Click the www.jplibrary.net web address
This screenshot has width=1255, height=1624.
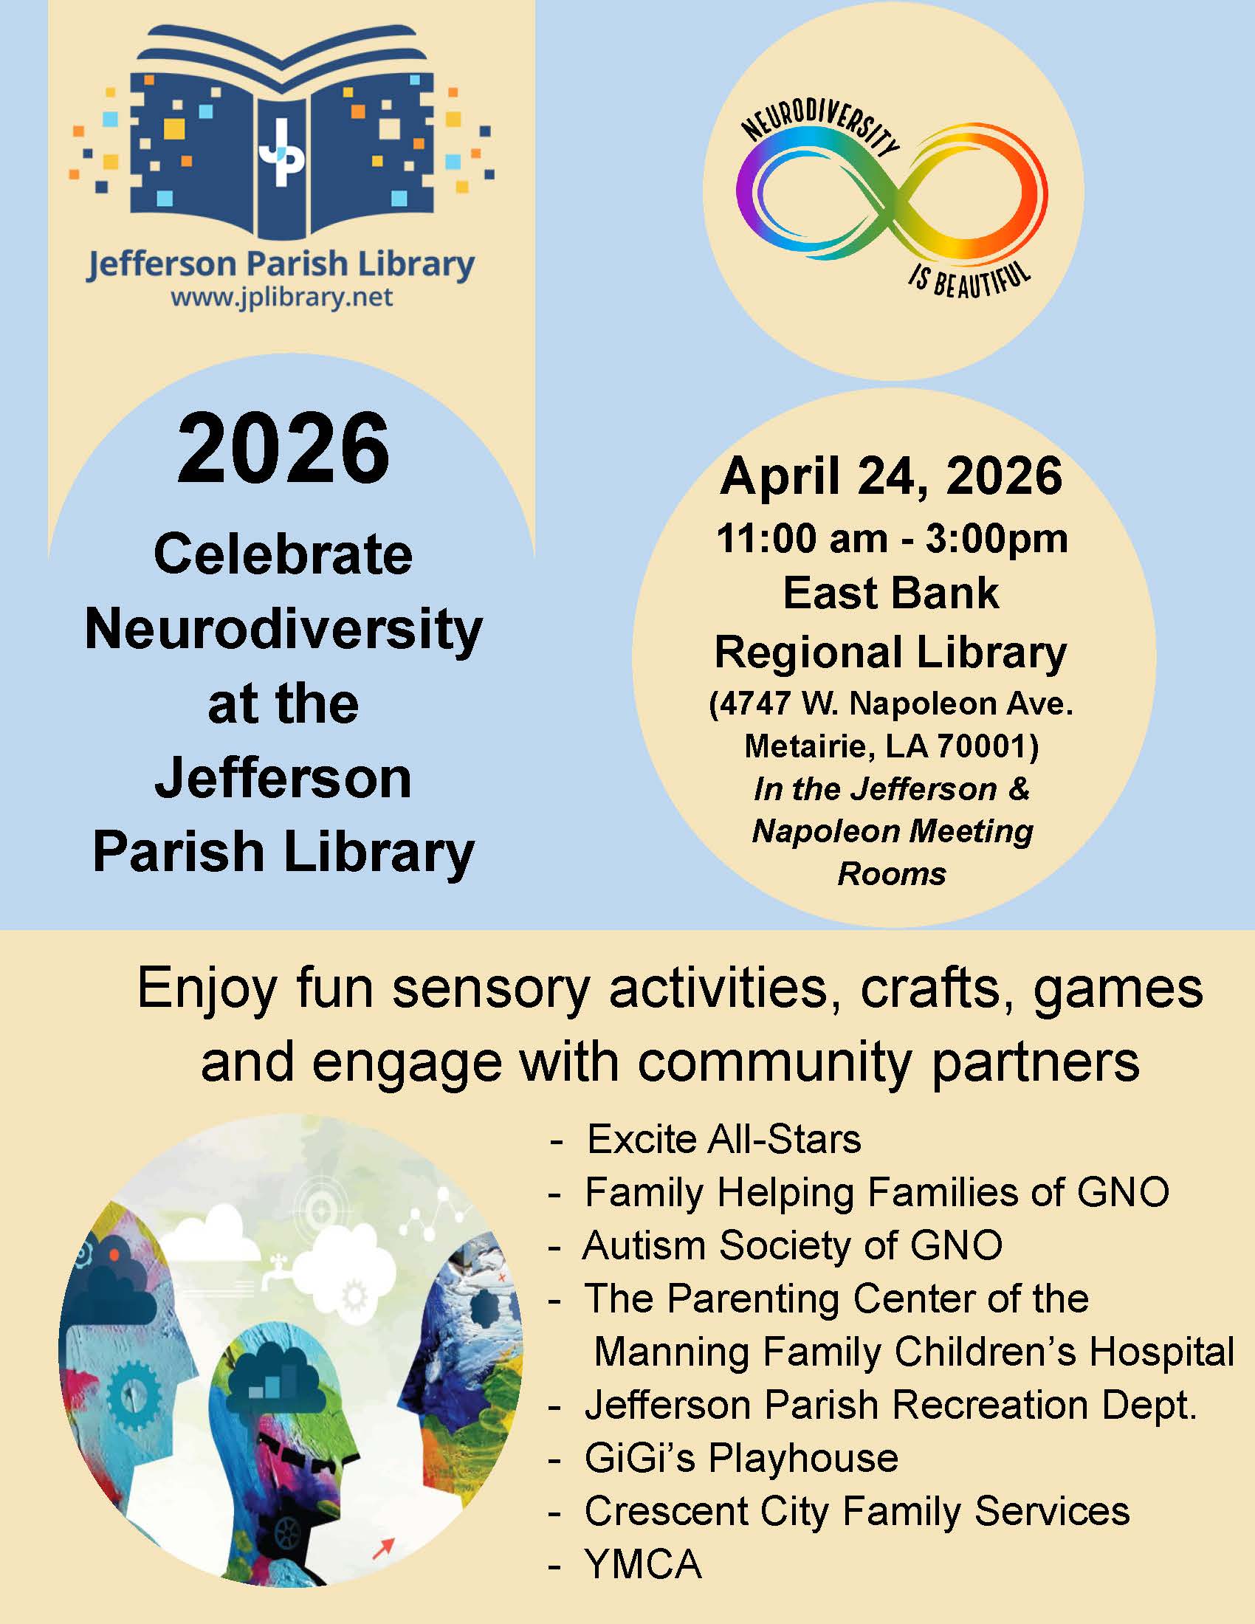(x=282, y=298)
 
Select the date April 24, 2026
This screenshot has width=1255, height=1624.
(x=892, y=476)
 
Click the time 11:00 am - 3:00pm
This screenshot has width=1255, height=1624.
(x=893, y=538)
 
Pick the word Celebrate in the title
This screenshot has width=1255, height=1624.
(x=283, y=554)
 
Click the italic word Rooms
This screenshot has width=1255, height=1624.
(x=893, y=874)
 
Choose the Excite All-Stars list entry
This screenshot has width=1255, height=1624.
(x=724, y=1140)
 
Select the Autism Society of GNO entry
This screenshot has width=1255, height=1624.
(x=793, y=1245)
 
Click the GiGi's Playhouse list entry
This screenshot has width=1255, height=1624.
(x=741, y=1458)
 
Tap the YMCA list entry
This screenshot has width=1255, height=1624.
(x=643, y=1563)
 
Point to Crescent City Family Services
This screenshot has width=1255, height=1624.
(x=856, y=1511)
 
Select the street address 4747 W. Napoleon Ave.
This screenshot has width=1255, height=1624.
(x=893, y=704)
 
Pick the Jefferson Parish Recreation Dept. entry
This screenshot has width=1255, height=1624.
(x=891, y=1405)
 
